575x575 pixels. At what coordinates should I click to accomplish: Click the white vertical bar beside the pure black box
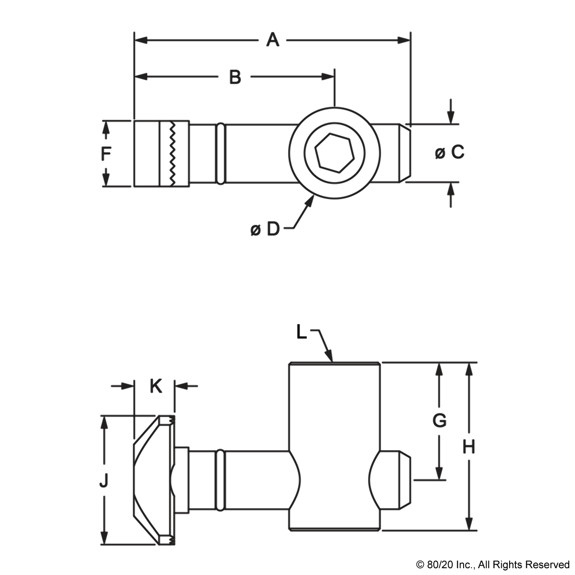pos(294,331)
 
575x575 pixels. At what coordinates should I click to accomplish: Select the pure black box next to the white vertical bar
pos(302,331)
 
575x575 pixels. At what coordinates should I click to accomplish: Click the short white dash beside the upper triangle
pos(467,439)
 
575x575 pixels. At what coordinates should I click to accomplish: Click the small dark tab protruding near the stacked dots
pos(99,479)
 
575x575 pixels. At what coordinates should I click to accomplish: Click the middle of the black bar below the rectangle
pos(492,566)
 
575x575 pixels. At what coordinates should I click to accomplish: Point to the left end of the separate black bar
pos(417,566)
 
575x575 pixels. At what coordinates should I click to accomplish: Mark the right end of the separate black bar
pos(568,566)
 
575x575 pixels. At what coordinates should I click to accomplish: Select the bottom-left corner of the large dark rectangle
pos(100,545)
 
